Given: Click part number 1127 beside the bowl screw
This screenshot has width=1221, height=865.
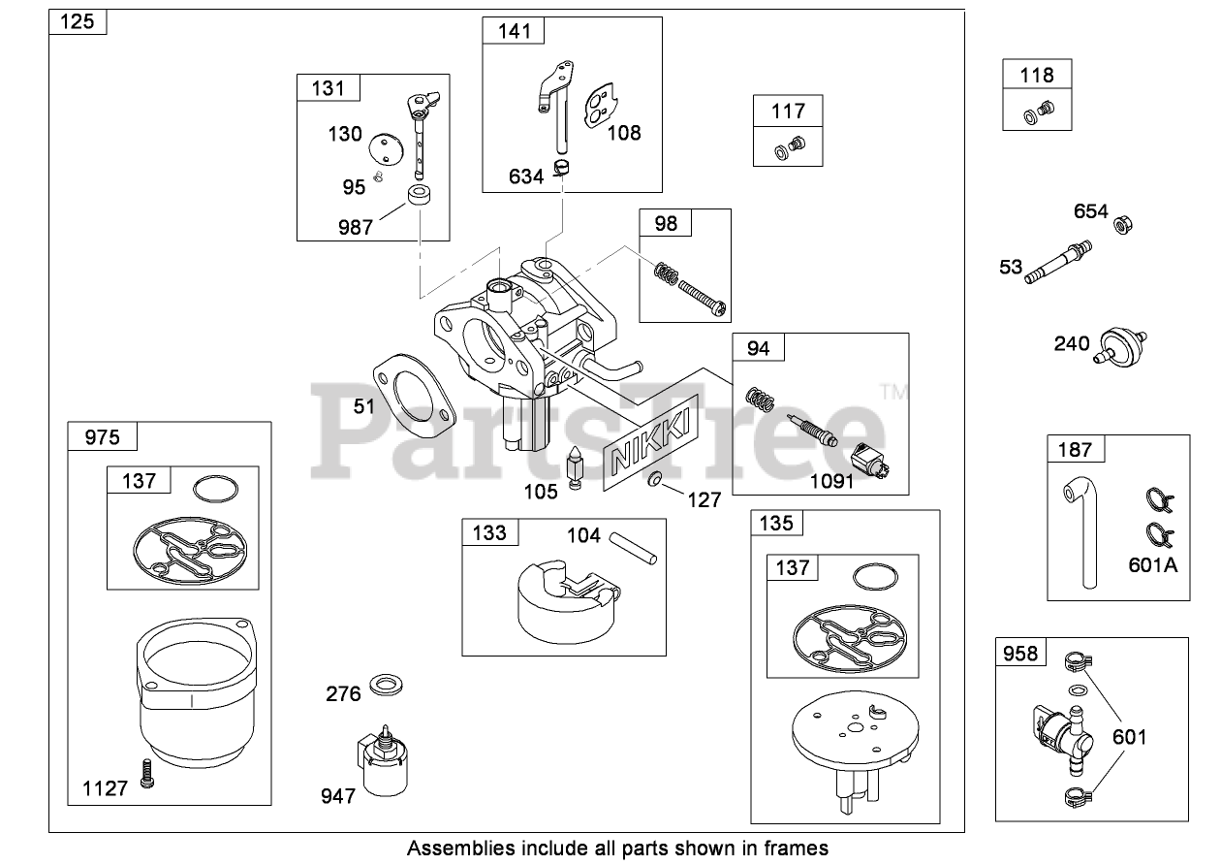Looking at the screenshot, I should (105, 787).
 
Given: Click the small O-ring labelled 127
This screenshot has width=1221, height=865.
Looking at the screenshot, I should (656, 480).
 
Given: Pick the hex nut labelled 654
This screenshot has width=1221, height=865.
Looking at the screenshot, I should (1123, 226).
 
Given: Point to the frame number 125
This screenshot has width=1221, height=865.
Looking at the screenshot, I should (78, 21).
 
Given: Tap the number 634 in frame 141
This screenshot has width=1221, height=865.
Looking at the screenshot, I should (527, 176).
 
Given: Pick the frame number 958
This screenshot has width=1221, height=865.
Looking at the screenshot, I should (1020, 654).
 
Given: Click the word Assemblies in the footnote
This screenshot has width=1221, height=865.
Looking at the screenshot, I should (460, 849).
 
